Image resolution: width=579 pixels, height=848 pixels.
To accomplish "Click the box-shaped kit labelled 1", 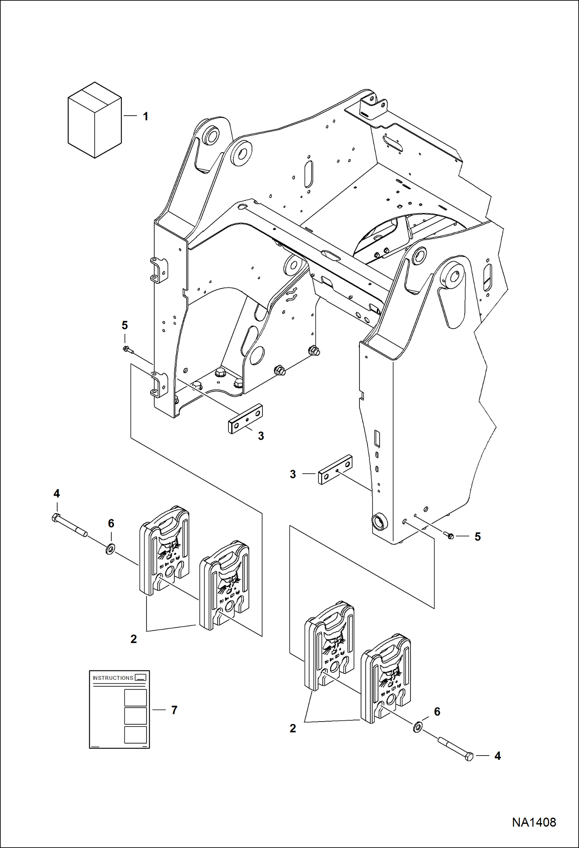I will tap(95, 120).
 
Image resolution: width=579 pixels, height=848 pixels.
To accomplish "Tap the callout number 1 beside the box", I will tap(145, 116).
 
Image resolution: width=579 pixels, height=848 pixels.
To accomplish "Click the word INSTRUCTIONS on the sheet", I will tap(113, 689).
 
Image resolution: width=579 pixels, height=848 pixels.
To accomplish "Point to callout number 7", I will tap(174, 710).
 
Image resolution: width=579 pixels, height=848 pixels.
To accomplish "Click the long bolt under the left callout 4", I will tap(70, 527).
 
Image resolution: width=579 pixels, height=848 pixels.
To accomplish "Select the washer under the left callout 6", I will tap(110, 549).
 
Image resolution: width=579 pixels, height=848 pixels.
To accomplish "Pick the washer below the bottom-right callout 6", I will tap(418, 727).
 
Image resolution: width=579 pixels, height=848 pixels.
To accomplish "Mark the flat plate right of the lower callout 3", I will tap(335, 469).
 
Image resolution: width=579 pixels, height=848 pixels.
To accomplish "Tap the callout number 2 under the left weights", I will tap(134, 639).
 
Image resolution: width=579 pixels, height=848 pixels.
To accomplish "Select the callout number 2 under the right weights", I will tap(293, 728).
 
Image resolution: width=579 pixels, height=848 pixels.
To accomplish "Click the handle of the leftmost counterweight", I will tap(167, 525).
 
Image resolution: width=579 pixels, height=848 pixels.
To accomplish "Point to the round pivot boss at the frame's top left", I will tap(211, 136).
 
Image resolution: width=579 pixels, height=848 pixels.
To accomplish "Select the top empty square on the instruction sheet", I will tap(135, 698).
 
